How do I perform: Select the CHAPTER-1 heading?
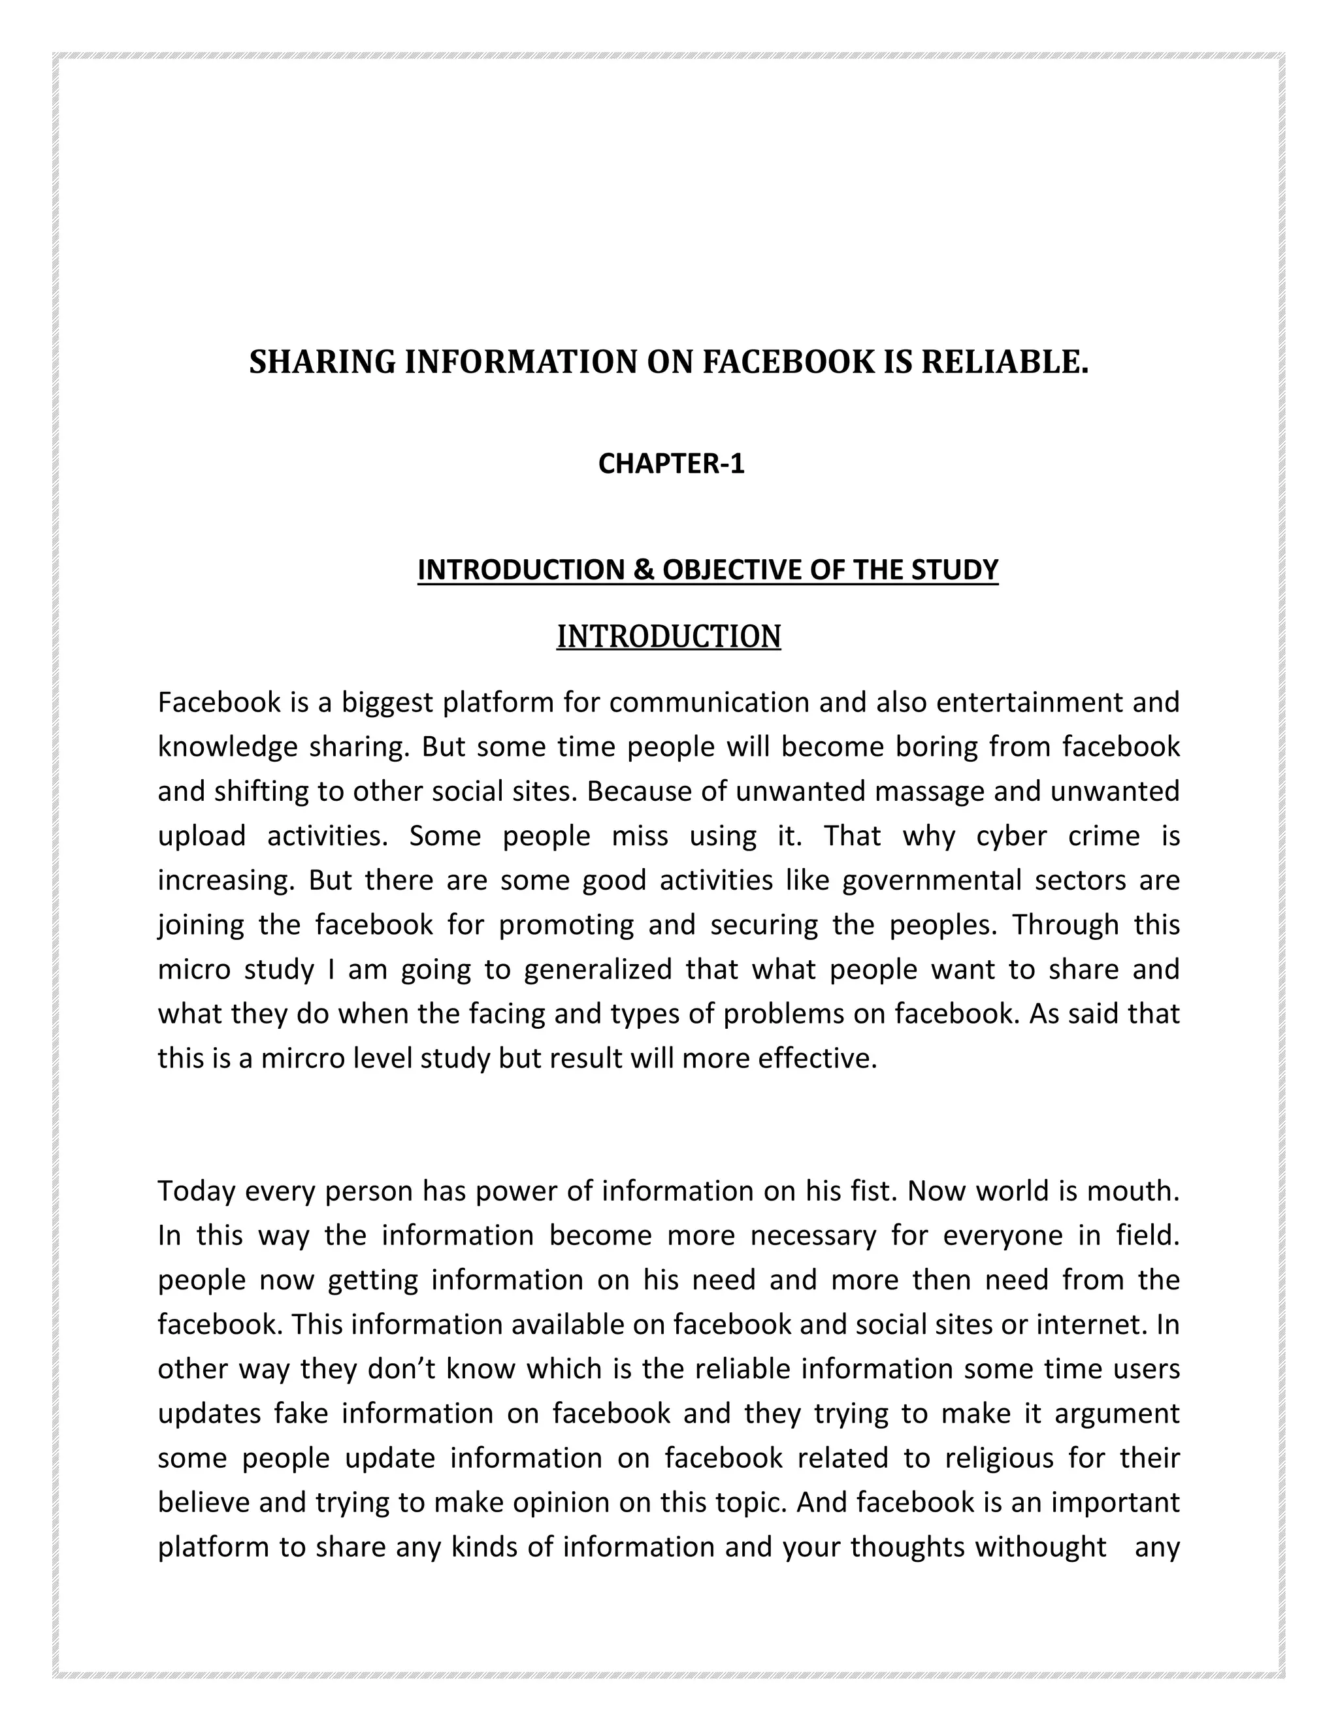click(x=672, y=464)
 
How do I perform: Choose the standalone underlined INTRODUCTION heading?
click(x=668, y=636)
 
